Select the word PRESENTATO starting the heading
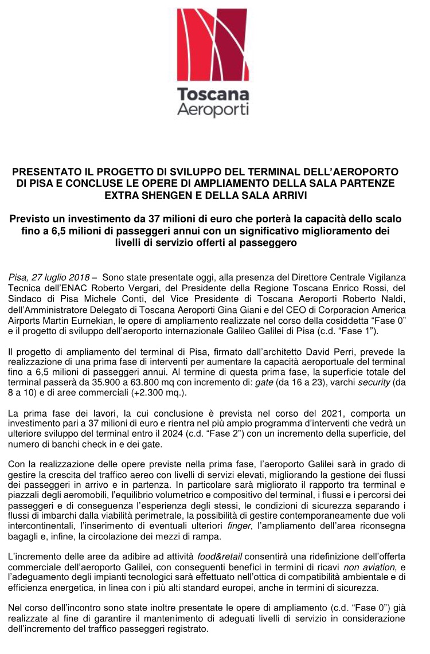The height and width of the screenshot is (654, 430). pyautogui.click(x=48, y=172)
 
